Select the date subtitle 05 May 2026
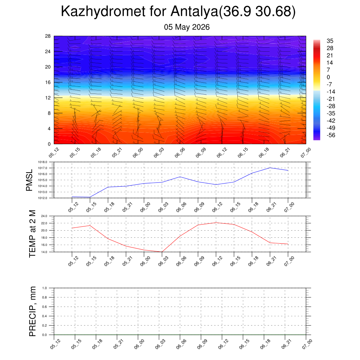click(187, 27)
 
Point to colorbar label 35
click(330, 41)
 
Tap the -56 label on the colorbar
click(331, 135)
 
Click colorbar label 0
click(328, 77)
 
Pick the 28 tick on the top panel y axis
click(48, 36)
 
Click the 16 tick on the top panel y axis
click(48, 82)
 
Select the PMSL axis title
click(29, 180)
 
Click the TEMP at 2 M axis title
click(32, 234)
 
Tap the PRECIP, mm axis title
click(32, 311)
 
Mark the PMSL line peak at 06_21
click(270, 168)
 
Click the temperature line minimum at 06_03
click(162, 252)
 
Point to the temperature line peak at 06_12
click(216, 223)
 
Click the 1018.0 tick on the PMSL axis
click(43, 162)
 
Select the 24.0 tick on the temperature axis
click(44, 216)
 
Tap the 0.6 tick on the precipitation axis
click(45, 307)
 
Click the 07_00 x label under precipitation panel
click(307, 345)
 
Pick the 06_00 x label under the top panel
click(138, 153)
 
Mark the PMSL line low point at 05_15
click(90, 197)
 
